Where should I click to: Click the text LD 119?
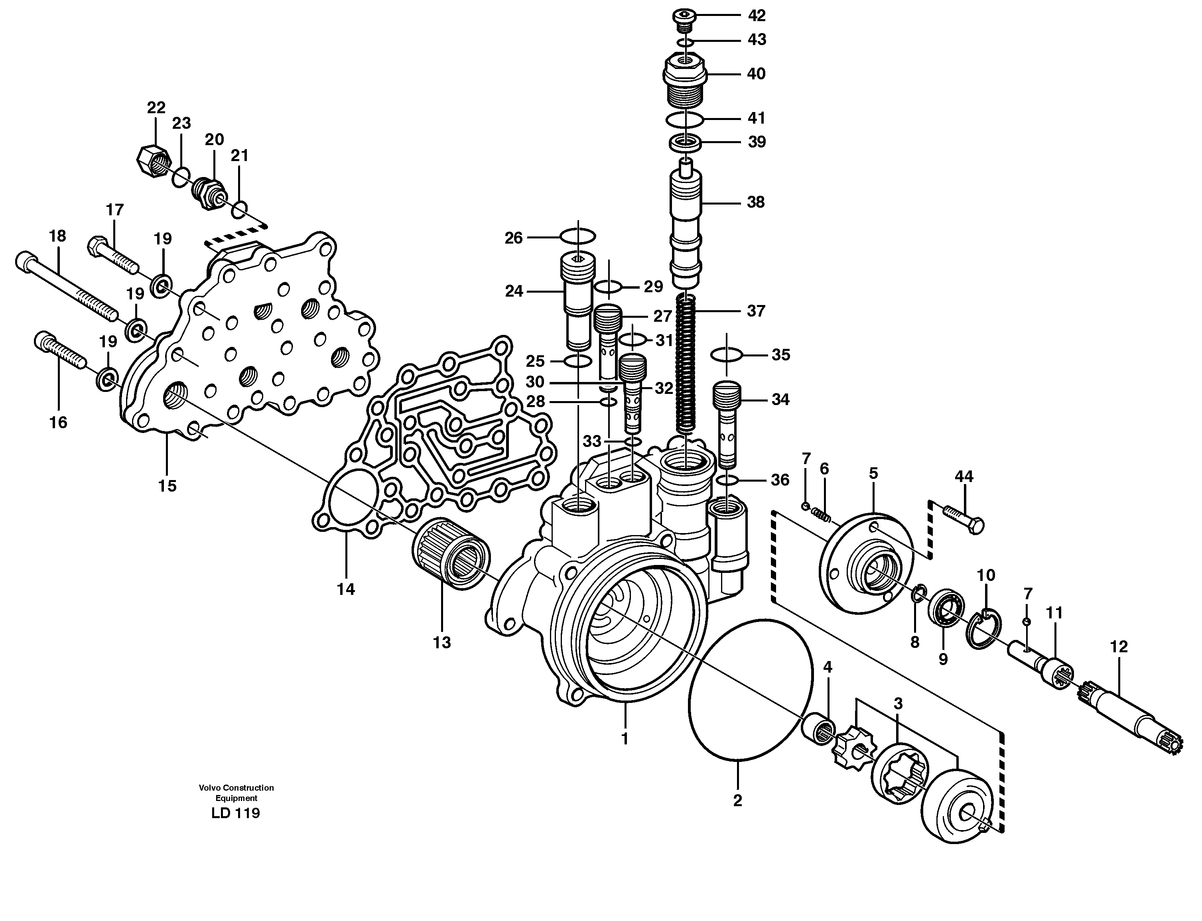tap(236, 813)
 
